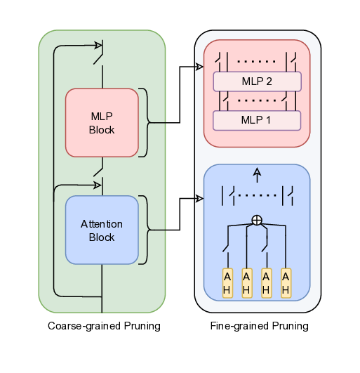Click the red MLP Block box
(x=102, y=122)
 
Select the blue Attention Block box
(x=102, y=230)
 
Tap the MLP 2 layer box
(x=257, y=81)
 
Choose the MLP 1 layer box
(x=257, y=120)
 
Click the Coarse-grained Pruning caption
(x=104, y=326)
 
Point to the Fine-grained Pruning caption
(x=259, y=326)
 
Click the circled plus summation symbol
(x=257, y=220)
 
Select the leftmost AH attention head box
(x=227, y=282)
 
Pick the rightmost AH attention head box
(x=286, y=282)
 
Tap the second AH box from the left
(x=246, y=282)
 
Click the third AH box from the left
(x=266, y=282)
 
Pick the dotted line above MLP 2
(x=257, y=60)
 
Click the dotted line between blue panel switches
(x=257, y=195)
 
